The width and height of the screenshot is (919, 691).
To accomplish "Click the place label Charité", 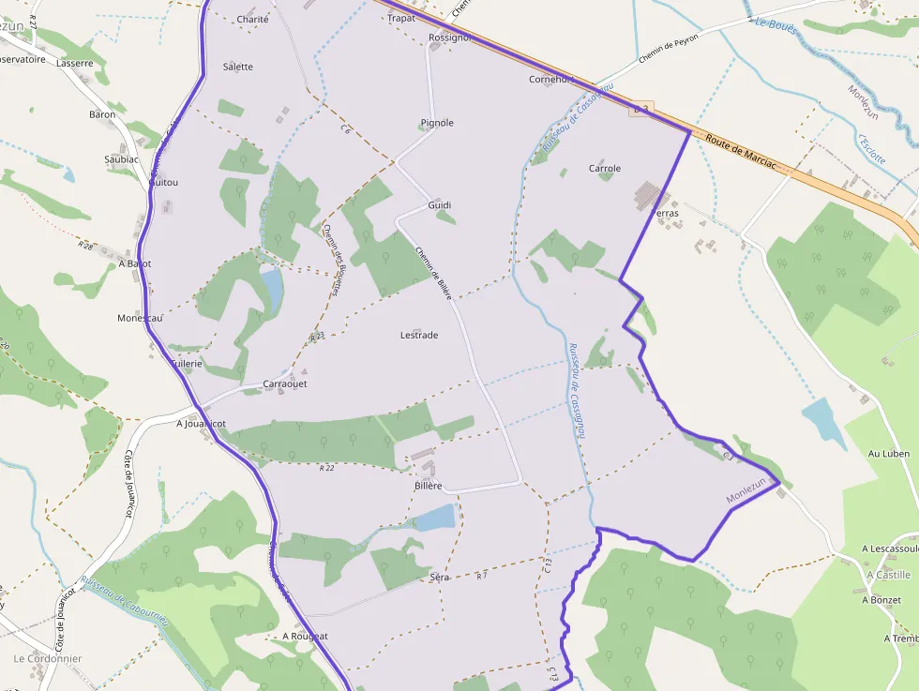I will point(252,19).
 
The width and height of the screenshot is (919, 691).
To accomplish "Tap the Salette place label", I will point(237,67).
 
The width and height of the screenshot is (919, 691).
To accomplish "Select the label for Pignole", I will point(437,123).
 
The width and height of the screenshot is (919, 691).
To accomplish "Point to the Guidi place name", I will point(439,204).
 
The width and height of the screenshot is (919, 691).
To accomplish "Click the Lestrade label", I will point(419,335).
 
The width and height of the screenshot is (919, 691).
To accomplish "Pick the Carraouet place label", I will point(285,383).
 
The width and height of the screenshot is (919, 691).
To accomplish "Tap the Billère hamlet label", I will point(428,486).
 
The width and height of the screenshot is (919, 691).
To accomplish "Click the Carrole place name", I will point(604,169).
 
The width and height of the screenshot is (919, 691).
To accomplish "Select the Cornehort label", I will point(550,80).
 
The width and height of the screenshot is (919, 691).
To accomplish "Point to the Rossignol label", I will point(449,38).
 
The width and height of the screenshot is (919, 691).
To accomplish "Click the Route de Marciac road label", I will point(741,150).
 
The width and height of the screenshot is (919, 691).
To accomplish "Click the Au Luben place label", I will point(889,454).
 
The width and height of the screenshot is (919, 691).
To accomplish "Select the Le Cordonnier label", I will point(48,658).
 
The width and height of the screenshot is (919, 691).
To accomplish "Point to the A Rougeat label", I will point(305,636).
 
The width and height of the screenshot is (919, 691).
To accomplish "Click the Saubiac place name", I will point(122,159).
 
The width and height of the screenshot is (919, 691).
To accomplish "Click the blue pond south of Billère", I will point(435,518).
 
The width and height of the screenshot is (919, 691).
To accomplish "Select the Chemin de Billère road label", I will point(434,272).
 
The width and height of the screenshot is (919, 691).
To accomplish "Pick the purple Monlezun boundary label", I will point(746,491).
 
